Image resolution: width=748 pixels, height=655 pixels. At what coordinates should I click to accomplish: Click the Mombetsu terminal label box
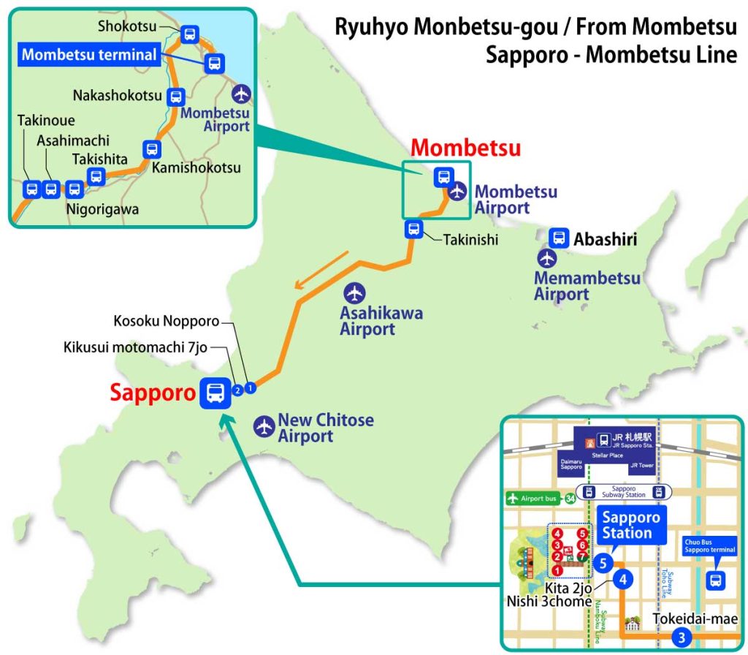tap(88, 54)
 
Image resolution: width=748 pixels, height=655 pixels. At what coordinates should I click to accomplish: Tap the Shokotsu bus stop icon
tap(190, 34)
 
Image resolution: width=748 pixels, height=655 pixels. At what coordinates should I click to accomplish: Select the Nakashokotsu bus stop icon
tap(176, 96)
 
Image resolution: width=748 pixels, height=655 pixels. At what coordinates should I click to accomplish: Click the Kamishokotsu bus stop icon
tap(152, 149)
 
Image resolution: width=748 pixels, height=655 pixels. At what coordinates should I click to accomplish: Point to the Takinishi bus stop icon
tap(414, 230)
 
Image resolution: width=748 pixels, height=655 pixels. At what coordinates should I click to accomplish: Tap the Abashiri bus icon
tap(559, 238)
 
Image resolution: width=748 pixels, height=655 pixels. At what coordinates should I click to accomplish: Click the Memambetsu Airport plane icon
tap(546, 258)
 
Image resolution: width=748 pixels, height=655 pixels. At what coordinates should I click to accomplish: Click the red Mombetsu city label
tap(465, 148)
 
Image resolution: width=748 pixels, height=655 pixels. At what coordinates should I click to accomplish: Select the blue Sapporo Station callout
tap(631, 525)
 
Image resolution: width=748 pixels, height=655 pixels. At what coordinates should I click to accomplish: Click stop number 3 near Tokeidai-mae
tap(682, 637)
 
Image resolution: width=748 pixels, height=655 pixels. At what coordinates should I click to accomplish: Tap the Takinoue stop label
tap(46, 121)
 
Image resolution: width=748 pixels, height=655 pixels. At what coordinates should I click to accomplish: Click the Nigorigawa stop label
tap(102, 209)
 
